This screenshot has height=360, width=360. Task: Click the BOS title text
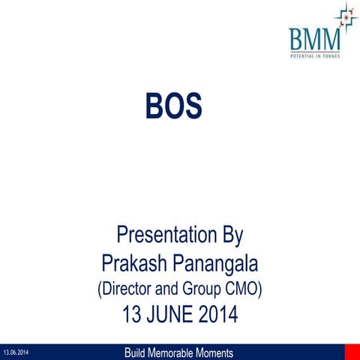[x=175, y=107]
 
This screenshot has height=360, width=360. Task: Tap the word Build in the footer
[x=139, y=352]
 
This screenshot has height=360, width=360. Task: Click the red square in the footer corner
[x=352, y=352]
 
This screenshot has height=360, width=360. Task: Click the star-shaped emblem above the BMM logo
[x=346, y=16]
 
